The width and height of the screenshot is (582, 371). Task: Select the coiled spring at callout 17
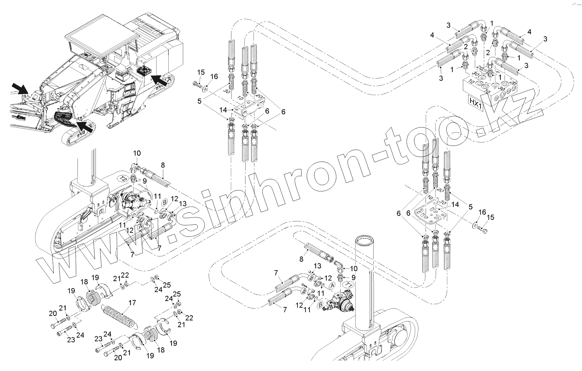(x=120, y=316)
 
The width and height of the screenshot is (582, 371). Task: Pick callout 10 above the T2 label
(x=137, y=153)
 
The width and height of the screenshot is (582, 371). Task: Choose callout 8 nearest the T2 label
(x=163, y=165)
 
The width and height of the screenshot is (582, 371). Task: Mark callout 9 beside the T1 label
(x=353, y=277)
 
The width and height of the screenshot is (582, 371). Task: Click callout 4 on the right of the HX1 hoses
(x=529, y=32)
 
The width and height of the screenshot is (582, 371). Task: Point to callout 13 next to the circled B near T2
(x=182, y=204)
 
